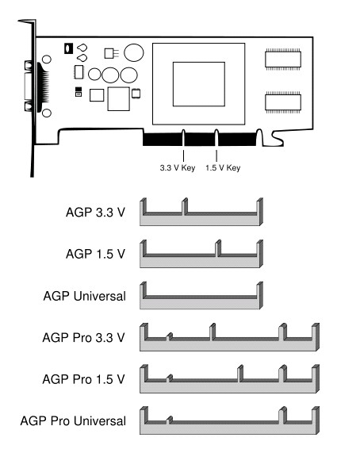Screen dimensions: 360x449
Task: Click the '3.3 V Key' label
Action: click(178, 168)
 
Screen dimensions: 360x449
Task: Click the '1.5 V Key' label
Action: click(223, 168)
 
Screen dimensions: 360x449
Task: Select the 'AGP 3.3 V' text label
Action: click(96, 213)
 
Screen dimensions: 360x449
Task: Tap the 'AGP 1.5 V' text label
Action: click(96, 254)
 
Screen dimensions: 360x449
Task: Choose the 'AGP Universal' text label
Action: click(84, 296)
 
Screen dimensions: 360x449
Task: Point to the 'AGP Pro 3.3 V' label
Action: click(83, 338)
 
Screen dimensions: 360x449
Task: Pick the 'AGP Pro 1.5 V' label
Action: click(83, 379)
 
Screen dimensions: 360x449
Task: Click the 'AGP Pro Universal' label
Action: click(73, 421)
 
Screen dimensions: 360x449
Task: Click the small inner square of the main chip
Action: click(199, 84)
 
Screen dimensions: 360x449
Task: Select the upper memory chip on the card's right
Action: click(283, 59)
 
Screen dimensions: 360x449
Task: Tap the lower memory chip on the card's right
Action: click(283, 102)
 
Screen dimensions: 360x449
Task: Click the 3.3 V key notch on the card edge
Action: click(183, 138)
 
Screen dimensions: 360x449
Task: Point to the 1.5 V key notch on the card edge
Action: click(216, 138)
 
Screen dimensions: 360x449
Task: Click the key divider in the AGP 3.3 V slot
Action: click(185, 206)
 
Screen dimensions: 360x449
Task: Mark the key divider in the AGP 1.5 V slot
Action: click(218, 248)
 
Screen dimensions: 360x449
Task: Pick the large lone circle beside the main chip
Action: click(134, 52)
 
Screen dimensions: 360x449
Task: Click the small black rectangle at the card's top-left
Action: click(68, 48)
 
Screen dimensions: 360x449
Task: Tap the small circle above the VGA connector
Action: click(47, 59)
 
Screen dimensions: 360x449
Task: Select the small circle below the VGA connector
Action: click(47, 113)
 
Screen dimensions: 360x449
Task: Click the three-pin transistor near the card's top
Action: click(111, 53)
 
